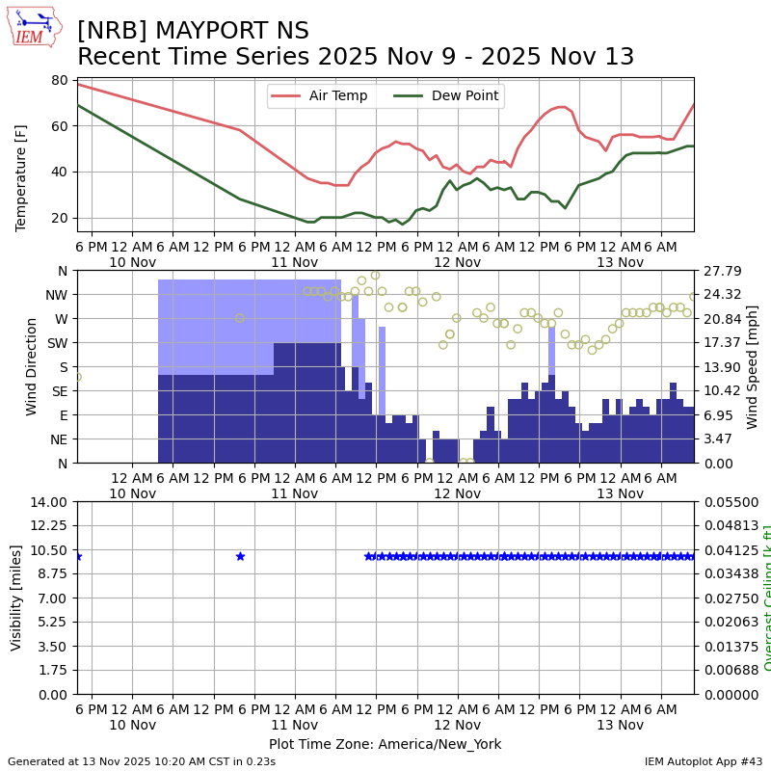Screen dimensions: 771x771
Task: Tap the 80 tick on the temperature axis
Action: pos(59,80)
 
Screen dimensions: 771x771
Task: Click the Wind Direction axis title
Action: pos(33,366)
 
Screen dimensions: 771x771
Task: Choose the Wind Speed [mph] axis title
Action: pos(753,366)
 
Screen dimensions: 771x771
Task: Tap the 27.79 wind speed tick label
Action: pos(723,271)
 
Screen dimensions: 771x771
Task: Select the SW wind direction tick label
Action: pos(58,343)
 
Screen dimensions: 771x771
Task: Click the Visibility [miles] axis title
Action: pos(16,598)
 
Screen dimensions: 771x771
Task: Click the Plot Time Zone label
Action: pos(385,744)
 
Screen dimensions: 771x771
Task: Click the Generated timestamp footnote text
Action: pos(142,762)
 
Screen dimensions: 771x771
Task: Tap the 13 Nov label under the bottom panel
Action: pos(620,725)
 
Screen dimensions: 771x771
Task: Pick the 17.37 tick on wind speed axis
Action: pos(723,343)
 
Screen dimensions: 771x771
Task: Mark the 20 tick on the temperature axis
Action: pos(59,218)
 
